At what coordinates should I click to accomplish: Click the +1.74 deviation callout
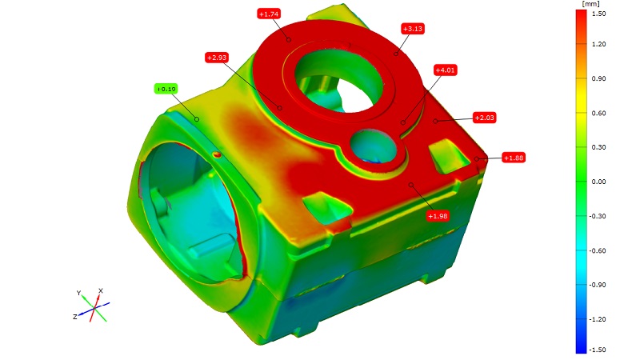[269, 14]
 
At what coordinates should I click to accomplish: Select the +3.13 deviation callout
[413, 29]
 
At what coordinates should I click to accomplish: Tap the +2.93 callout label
[216, 58]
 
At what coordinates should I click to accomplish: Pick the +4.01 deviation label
[445, 70]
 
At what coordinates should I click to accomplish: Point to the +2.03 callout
[485, 118]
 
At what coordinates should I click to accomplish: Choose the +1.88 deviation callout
[514, 158]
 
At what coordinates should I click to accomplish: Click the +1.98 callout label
[438, 216]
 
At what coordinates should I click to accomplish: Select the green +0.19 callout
[166, 89]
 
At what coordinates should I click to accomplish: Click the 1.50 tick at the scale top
[598, 14]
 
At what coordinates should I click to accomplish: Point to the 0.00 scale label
[598, 182]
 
